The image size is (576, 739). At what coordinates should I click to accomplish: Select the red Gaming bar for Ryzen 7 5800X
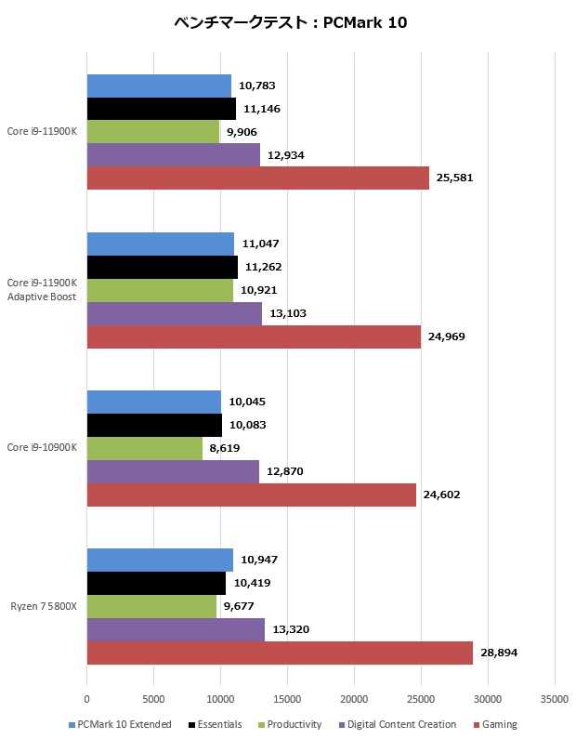tap(280, 653)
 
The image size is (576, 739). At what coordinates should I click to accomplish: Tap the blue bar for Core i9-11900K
tap(159, 86)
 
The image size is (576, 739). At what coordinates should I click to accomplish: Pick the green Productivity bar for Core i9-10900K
tap(145, 448)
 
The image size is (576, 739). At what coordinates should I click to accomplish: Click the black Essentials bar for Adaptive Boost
tap(162, 267)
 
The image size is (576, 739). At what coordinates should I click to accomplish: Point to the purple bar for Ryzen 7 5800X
tap(176, 629)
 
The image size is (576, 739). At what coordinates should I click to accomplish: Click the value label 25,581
tap(456, 178)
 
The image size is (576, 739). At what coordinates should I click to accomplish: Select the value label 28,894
tap(500, 653)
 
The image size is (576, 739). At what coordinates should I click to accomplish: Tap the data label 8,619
tap(225, 448)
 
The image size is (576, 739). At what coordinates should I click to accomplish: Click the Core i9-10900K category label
tap(42, 448)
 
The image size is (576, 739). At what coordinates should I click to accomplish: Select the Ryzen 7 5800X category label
tap(44, 606)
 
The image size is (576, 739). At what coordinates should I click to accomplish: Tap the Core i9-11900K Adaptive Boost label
tap(42, 289)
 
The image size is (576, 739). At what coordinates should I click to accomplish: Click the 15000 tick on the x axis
tap(287, 699)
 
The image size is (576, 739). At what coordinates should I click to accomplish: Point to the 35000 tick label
tap(555, 699)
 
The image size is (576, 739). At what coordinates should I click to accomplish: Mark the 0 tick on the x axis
tap(87, 699)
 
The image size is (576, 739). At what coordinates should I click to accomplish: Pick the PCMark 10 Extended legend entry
tap(124, 724)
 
